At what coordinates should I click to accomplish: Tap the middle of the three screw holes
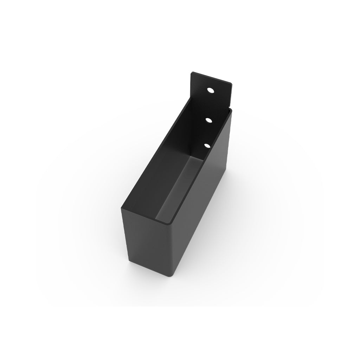click(x=209, y=120)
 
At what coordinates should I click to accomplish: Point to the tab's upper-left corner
click(x=192, y=73)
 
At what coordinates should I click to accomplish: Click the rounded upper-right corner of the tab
click(x=230, y=84)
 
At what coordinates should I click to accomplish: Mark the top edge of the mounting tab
click(x=211, y=78)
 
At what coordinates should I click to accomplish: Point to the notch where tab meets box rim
click(x=230, y=108)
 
